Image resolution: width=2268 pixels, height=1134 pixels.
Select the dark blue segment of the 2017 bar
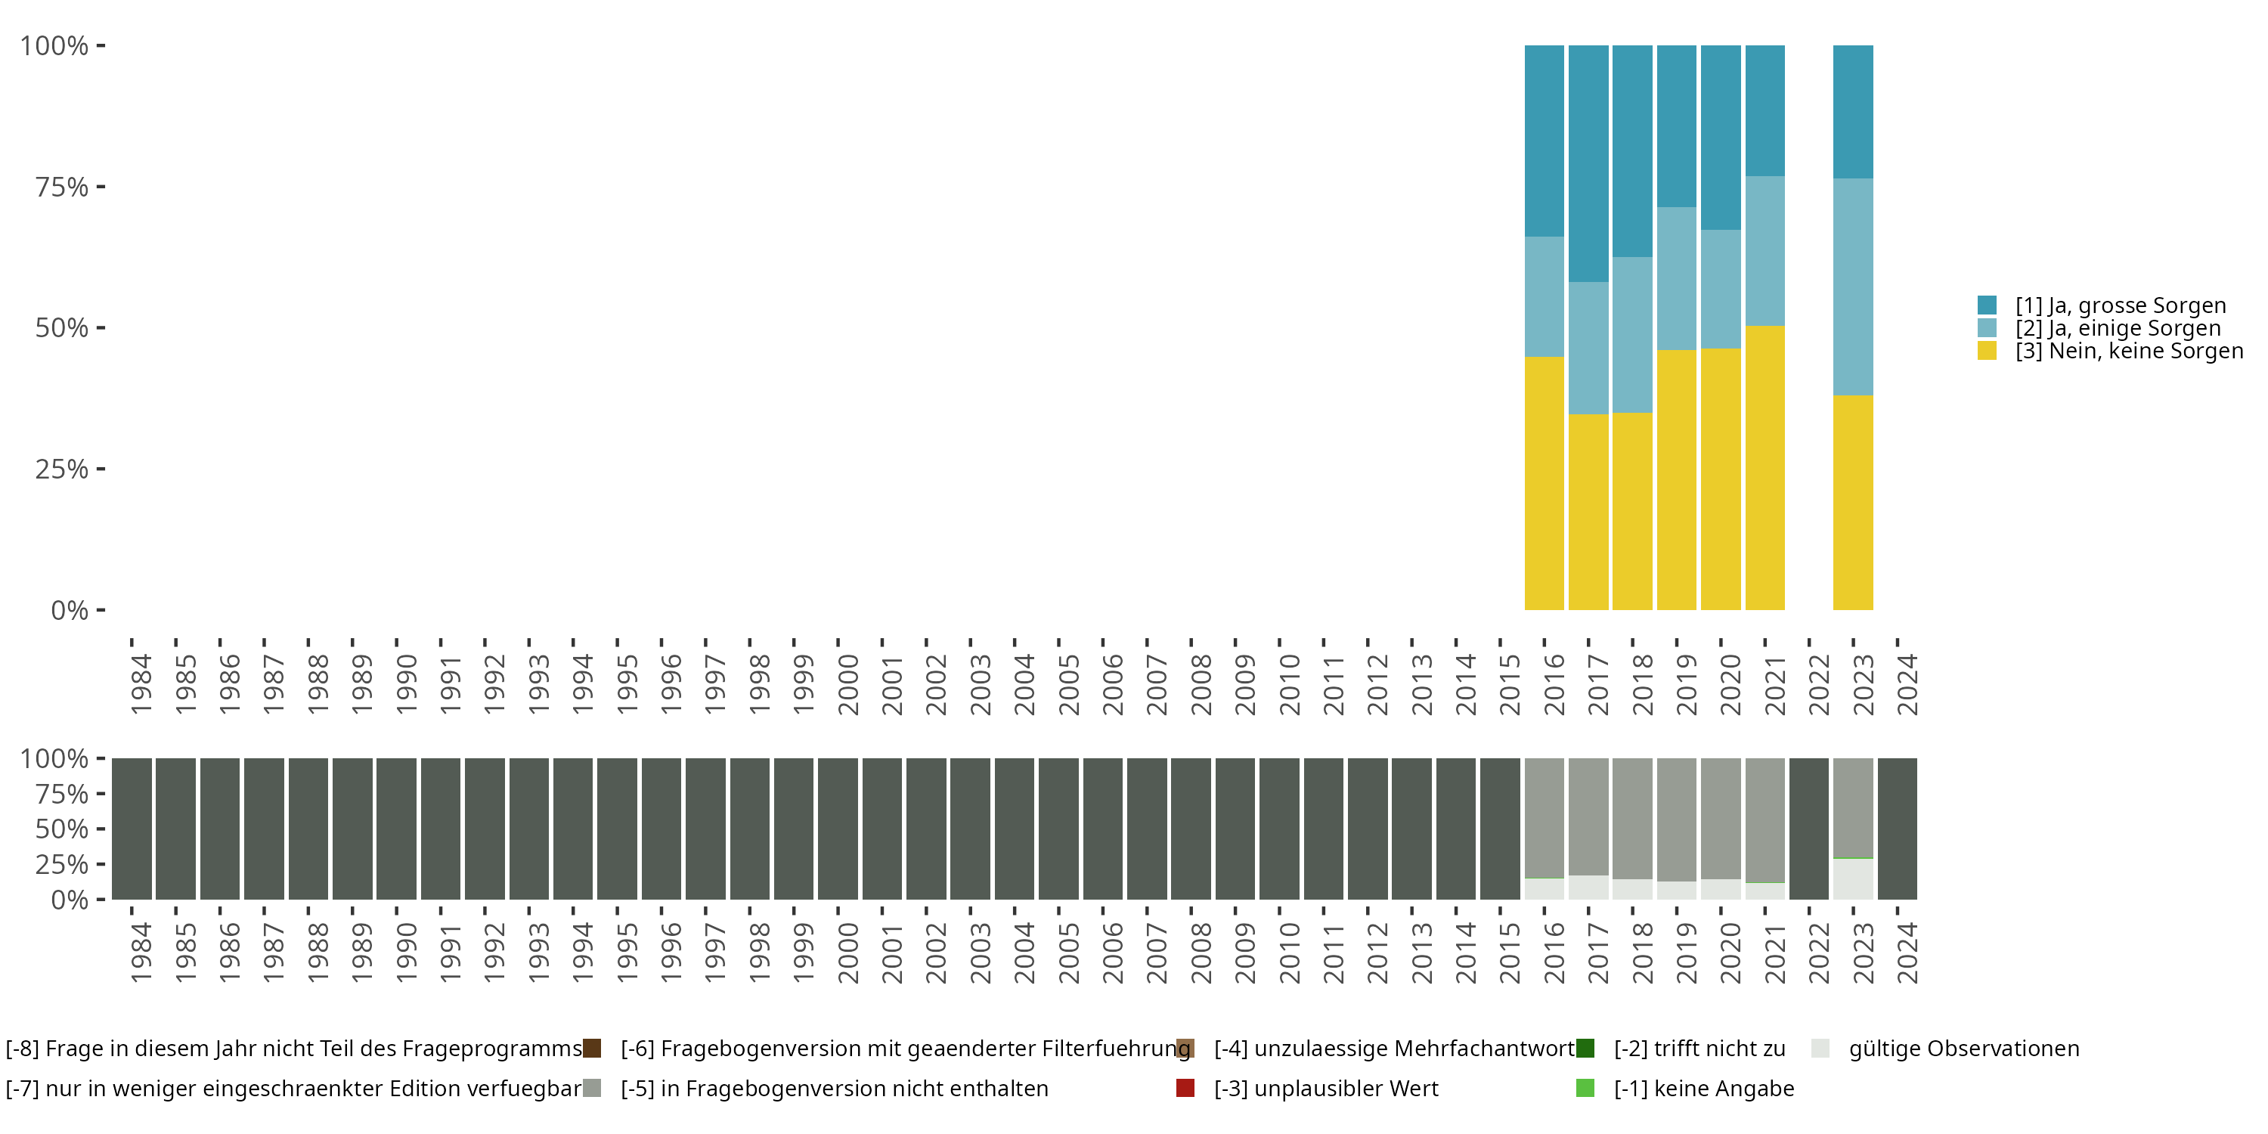pos(1588,163)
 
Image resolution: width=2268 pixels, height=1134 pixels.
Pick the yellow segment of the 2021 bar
pos(1765,467)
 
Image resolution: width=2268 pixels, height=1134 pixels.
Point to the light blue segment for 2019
pos(1676,278)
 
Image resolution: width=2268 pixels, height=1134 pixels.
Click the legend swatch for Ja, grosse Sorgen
pos(1987,305)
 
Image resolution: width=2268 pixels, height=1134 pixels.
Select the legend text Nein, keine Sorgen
pos(2129,352)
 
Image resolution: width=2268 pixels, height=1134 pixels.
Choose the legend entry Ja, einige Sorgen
pos(2118,328)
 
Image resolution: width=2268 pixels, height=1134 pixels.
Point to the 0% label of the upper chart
pos(70,610)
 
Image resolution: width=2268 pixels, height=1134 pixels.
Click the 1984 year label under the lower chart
pos(141,953)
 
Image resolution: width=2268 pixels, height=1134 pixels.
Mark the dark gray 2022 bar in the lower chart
pos(1808,829)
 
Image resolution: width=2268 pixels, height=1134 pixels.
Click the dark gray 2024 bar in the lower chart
pos(1898,829)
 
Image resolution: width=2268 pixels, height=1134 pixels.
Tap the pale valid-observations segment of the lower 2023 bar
pos(1852,878)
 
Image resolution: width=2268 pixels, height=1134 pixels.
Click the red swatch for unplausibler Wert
pos(1185,1088)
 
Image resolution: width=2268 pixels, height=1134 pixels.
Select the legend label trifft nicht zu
pos(1699,1049)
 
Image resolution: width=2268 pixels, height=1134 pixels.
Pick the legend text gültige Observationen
pos(1963,1049)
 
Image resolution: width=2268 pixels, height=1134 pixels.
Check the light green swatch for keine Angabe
pos(1585,1088)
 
